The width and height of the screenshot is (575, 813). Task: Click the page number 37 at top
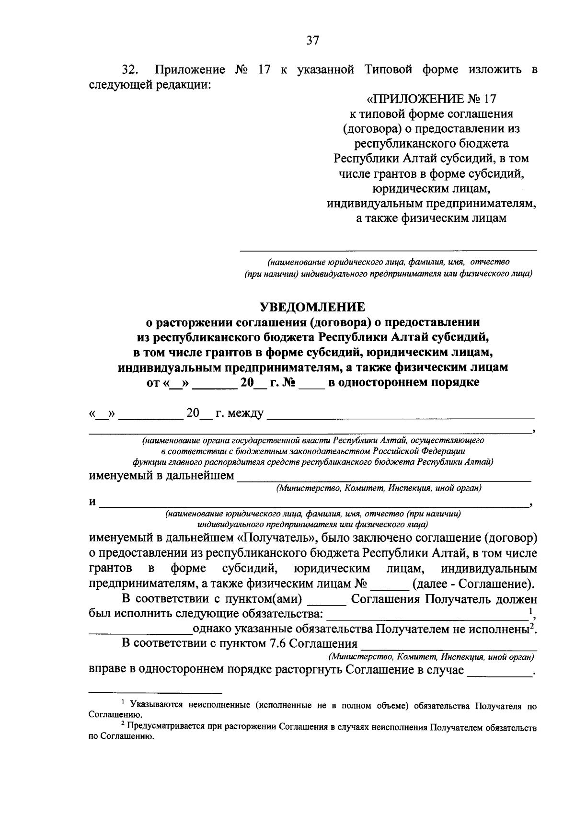pyautogui.click(x=312, y=41)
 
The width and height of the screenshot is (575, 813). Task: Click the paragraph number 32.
pyautogui.click(x=130, y=70)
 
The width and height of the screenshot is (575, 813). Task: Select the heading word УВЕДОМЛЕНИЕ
pyautogui.click(x=312, y=306)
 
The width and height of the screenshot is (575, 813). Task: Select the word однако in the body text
pyautogui.click(x=209, y=629)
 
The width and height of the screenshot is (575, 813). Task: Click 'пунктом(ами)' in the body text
pyautogui.click(x=268, y=599)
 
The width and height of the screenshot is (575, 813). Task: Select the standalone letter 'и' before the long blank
pyautogui.click(x=92, y=502)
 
